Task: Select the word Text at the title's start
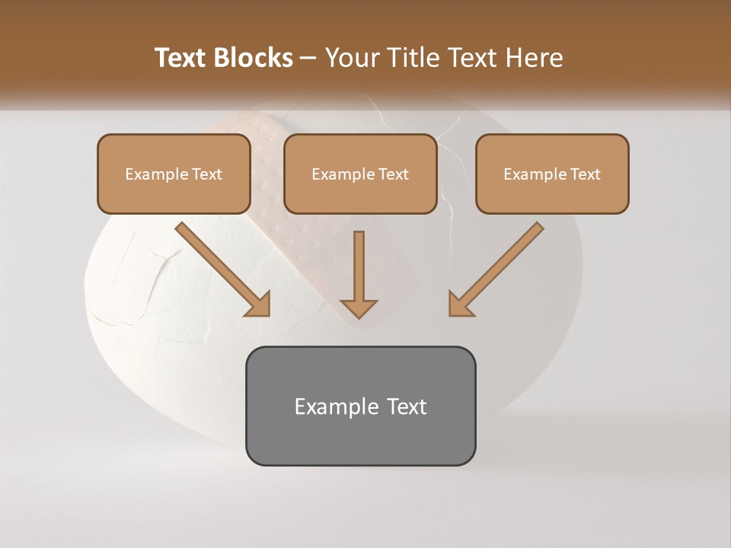[183, 58]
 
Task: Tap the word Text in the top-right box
[585, 174]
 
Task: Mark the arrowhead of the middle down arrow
[359, 307]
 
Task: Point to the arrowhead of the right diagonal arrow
[460, 304]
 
